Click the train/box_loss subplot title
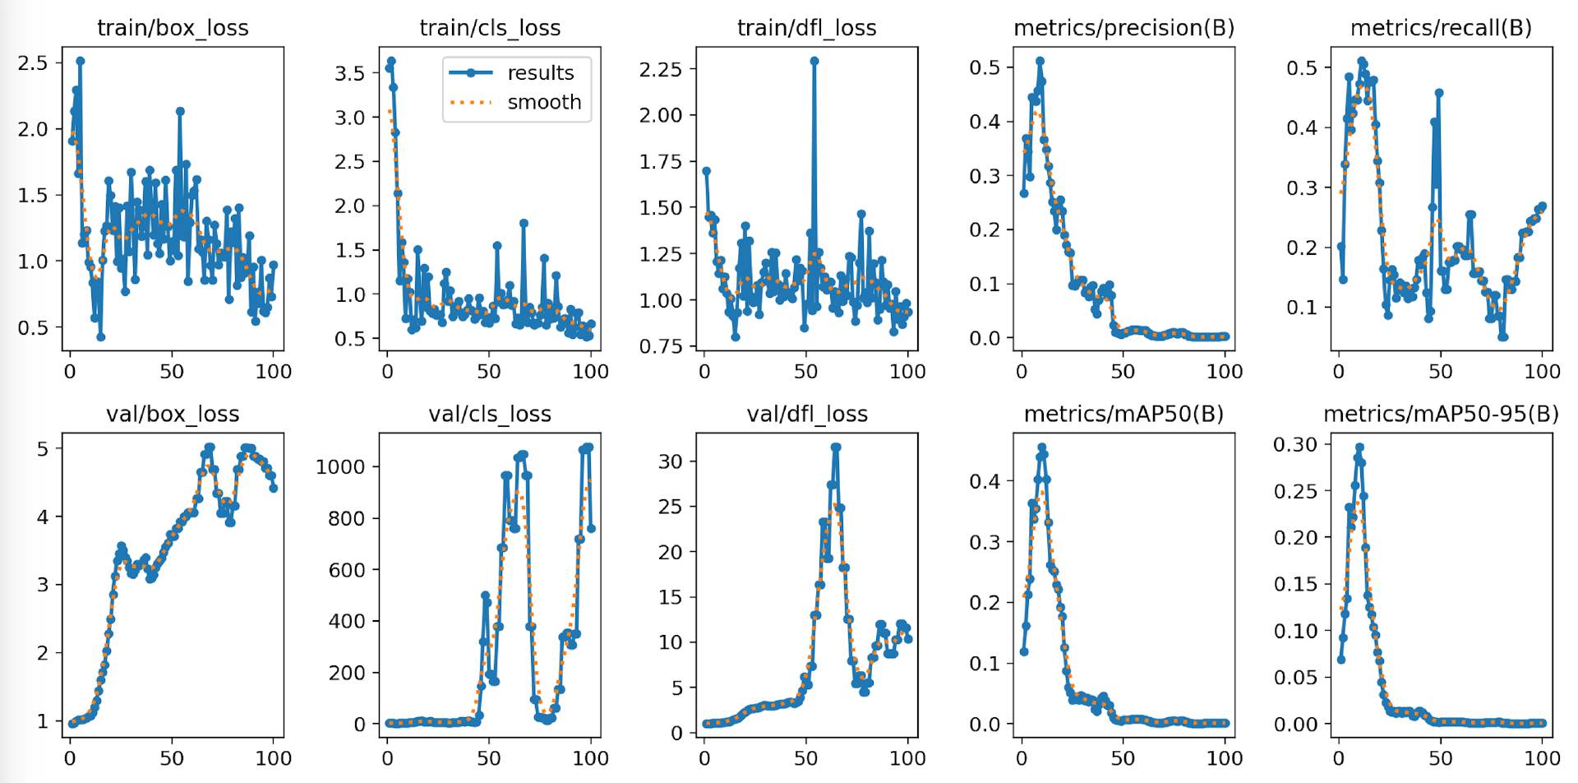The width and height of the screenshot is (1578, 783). (x=173, y=28)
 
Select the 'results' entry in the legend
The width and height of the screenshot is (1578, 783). (x=540, y=73)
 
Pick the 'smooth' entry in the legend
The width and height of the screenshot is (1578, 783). (x=543, y=103)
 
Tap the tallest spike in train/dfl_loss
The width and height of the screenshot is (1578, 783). (x=814, y=61)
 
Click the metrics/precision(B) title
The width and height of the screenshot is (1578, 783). (x=1124, y=28)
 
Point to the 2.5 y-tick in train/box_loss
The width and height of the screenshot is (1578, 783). (x=34, y=63)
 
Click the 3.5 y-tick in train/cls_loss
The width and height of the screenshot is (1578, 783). (x=349, y=73)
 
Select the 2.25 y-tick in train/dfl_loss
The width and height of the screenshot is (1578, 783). (x=661, y=68)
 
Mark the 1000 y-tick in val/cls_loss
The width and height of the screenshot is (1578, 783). (x=340, y=467)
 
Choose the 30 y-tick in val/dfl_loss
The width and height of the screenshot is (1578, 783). (x=671, y=461)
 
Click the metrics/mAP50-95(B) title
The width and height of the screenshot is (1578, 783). (x=1441, y=415)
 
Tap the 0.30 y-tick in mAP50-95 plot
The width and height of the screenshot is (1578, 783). (x=1294, y=444)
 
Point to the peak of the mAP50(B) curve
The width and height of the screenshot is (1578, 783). (x=1041, y=448)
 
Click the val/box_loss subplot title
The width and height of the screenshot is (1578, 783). (x=173, y=415)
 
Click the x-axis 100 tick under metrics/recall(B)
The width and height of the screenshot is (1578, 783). (x=1542, y=372)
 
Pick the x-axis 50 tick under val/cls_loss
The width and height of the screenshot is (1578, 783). (x=489, y=758)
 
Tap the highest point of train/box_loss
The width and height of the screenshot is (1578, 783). (x=80, y=61)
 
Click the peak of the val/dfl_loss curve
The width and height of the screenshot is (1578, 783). (x=836, y=447)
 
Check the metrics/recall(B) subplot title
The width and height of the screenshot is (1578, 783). (x=1441, y=28)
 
